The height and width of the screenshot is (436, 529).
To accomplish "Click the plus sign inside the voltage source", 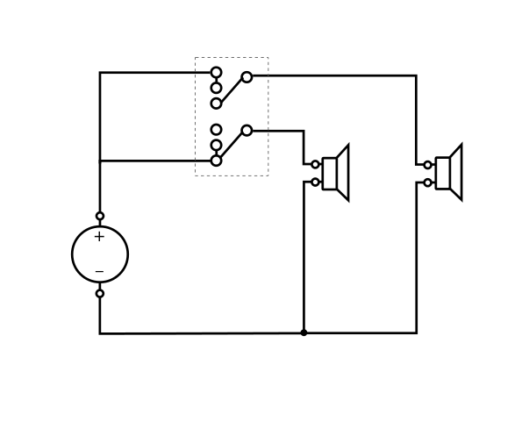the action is (99, 237).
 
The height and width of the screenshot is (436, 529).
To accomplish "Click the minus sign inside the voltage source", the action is (99, 271).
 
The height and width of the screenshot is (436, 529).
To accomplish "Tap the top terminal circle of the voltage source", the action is (100, 216).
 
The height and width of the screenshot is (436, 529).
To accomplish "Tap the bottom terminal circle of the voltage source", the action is (100, 294).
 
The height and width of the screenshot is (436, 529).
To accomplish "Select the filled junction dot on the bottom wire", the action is (304, 332).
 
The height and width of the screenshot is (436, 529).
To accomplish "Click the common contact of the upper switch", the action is (247, 77).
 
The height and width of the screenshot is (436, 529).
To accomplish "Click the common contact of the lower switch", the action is (247, 130).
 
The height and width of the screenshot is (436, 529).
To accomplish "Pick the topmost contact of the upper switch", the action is (217, 72).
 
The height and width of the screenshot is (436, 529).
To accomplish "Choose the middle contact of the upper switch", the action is (217, 88).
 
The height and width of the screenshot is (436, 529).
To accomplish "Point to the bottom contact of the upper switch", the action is (217, 104).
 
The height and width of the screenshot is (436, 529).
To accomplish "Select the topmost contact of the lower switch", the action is (217, 130).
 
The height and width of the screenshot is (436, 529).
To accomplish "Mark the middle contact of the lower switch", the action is (217, 145).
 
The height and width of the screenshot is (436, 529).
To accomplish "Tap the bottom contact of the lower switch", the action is (217, 161).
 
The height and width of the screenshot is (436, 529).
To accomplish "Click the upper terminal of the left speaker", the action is (315, 164).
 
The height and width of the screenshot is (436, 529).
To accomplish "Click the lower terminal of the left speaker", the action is (315, 182).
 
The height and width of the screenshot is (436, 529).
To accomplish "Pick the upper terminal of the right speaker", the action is (428, 165).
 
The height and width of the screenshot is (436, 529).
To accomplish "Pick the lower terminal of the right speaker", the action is (428, 182).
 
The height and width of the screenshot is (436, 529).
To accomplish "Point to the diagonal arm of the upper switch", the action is (232, 90).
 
